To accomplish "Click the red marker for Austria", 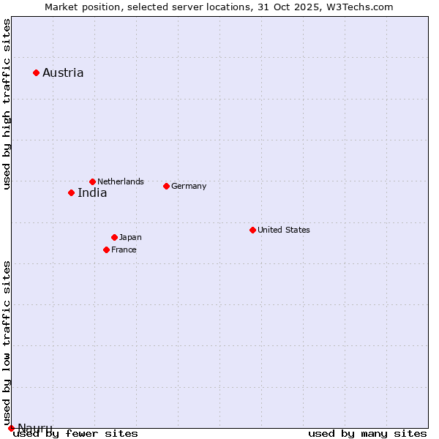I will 36,72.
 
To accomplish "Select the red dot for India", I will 71,192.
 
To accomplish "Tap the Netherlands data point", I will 92,181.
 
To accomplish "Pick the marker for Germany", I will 166,186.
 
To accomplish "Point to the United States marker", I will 252,230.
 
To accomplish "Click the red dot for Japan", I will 114,237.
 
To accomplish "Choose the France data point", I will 106,249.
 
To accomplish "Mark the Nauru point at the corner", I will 11,428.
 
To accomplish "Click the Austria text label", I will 63,72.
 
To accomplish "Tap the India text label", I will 92,193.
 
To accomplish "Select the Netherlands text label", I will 121,181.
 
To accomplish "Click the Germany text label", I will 189,186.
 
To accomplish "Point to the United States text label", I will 284,230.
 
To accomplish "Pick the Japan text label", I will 130,237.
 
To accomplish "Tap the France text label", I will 124,249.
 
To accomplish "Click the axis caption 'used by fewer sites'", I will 75,433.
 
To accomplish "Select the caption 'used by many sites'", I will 367,433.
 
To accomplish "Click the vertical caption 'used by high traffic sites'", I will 7,105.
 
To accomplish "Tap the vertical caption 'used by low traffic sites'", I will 7,342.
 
